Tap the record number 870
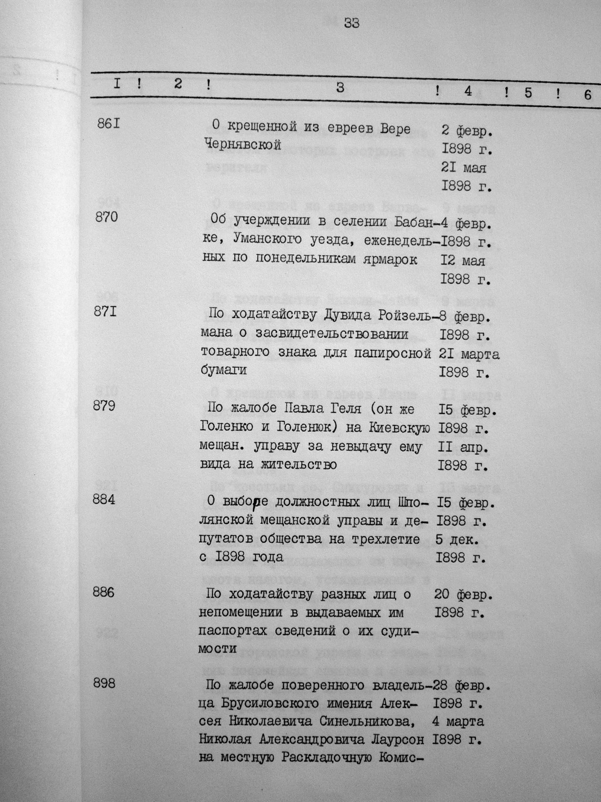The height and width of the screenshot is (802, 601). click(x=106, y=217)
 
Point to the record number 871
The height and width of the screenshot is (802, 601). click(x=106, y=311)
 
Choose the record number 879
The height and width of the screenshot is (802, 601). click(x=105, y=405)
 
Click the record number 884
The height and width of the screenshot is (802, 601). click(x=105, y=499)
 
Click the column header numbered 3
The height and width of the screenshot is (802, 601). click(x=340, y=88)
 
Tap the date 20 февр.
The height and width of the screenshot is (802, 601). click(x=461, y=595)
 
